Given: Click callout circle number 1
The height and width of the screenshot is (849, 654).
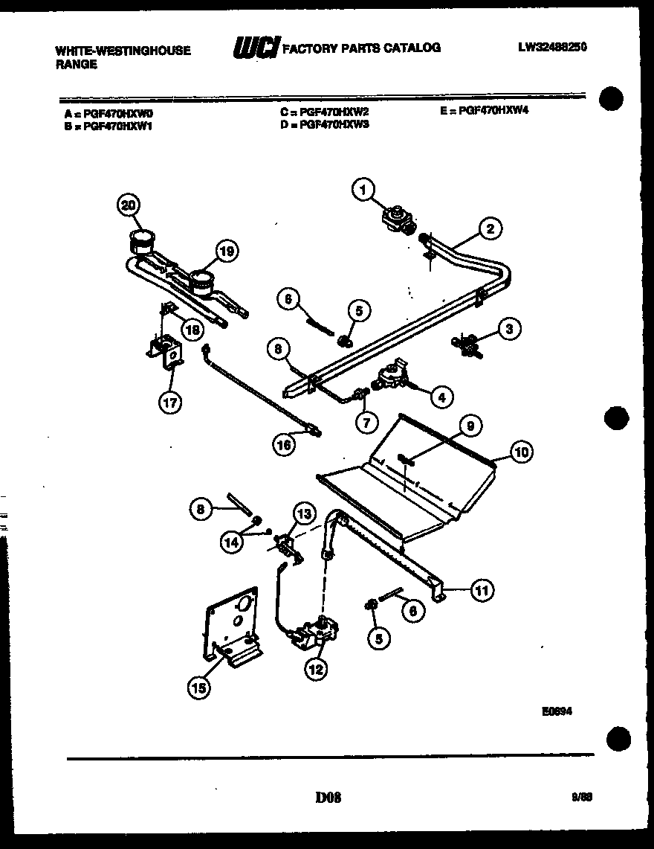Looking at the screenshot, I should click(x=363, y=192).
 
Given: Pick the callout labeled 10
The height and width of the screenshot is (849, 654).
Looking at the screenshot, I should click(x=521, y=452).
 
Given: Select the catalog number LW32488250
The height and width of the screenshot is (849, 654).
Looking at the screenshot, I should click(x=553, y=48).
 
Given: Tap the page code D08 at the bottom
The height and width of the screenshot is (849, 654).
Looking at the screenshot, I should click(x=327, y=798).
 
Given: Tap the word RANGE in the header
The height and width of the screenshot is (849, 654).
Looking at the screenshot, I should click(x=76, y=64).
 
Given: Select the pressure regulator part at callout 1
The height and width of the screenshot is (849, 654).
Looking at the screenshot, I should click(x=398, y=218).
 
